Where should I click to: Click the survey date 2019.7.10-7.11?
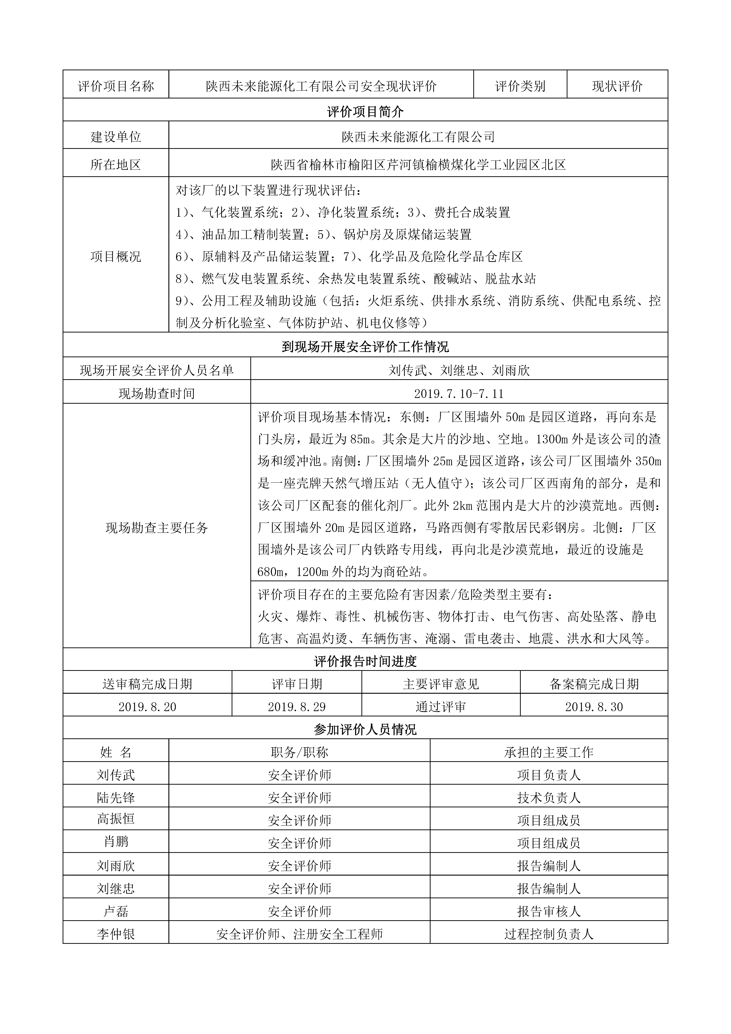(x=459, y=394)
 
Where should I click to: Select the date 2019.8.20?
(x=147, y=707)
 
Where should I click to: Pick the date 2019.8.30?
(x=594, y=707)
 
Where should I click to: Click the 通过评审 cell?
(x=440, y=707)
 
